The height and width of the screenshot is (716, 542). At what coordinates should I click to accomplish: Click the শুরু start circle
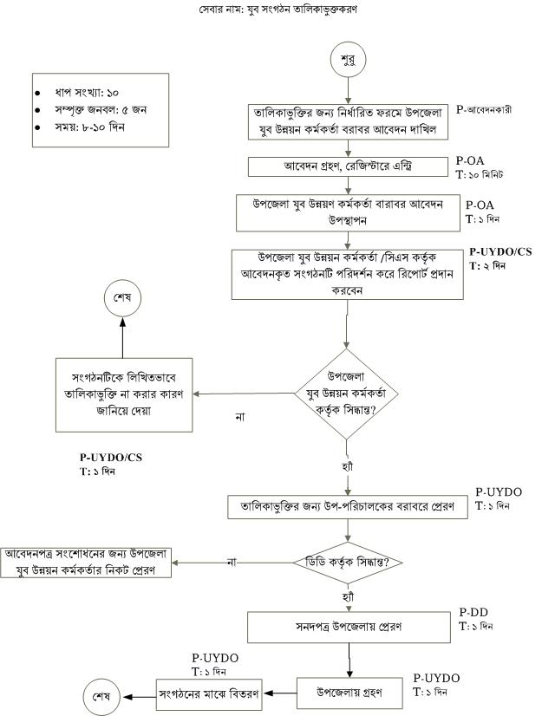point(347,60)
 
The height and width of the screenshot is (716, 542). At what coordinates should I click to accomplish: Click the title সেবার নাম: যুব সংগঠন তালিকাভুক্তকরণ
point(271,10)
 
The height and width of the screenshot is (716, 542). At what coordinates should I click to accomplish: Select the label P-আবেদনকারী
point(487,111)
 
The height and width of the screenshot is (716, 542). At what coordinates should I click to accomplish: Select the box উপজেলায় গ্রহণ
point(350,693)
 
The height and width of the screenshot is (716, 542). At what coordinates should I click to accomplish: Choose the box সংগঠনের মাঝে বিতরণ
point(208,694)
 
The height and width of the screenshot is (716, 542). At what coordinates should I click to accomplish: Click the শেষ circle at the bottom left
point(101,696)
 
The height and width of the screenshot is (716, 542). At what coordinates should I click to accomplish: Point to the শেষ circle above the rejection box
point(121,296)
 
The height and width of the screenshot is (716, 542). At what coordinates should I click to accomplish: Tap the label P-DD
point(473,612)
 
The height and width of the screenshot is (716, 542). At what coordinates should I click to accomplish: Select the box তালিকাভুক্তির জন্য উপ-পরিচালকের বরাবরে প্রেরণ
point(347,506)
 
